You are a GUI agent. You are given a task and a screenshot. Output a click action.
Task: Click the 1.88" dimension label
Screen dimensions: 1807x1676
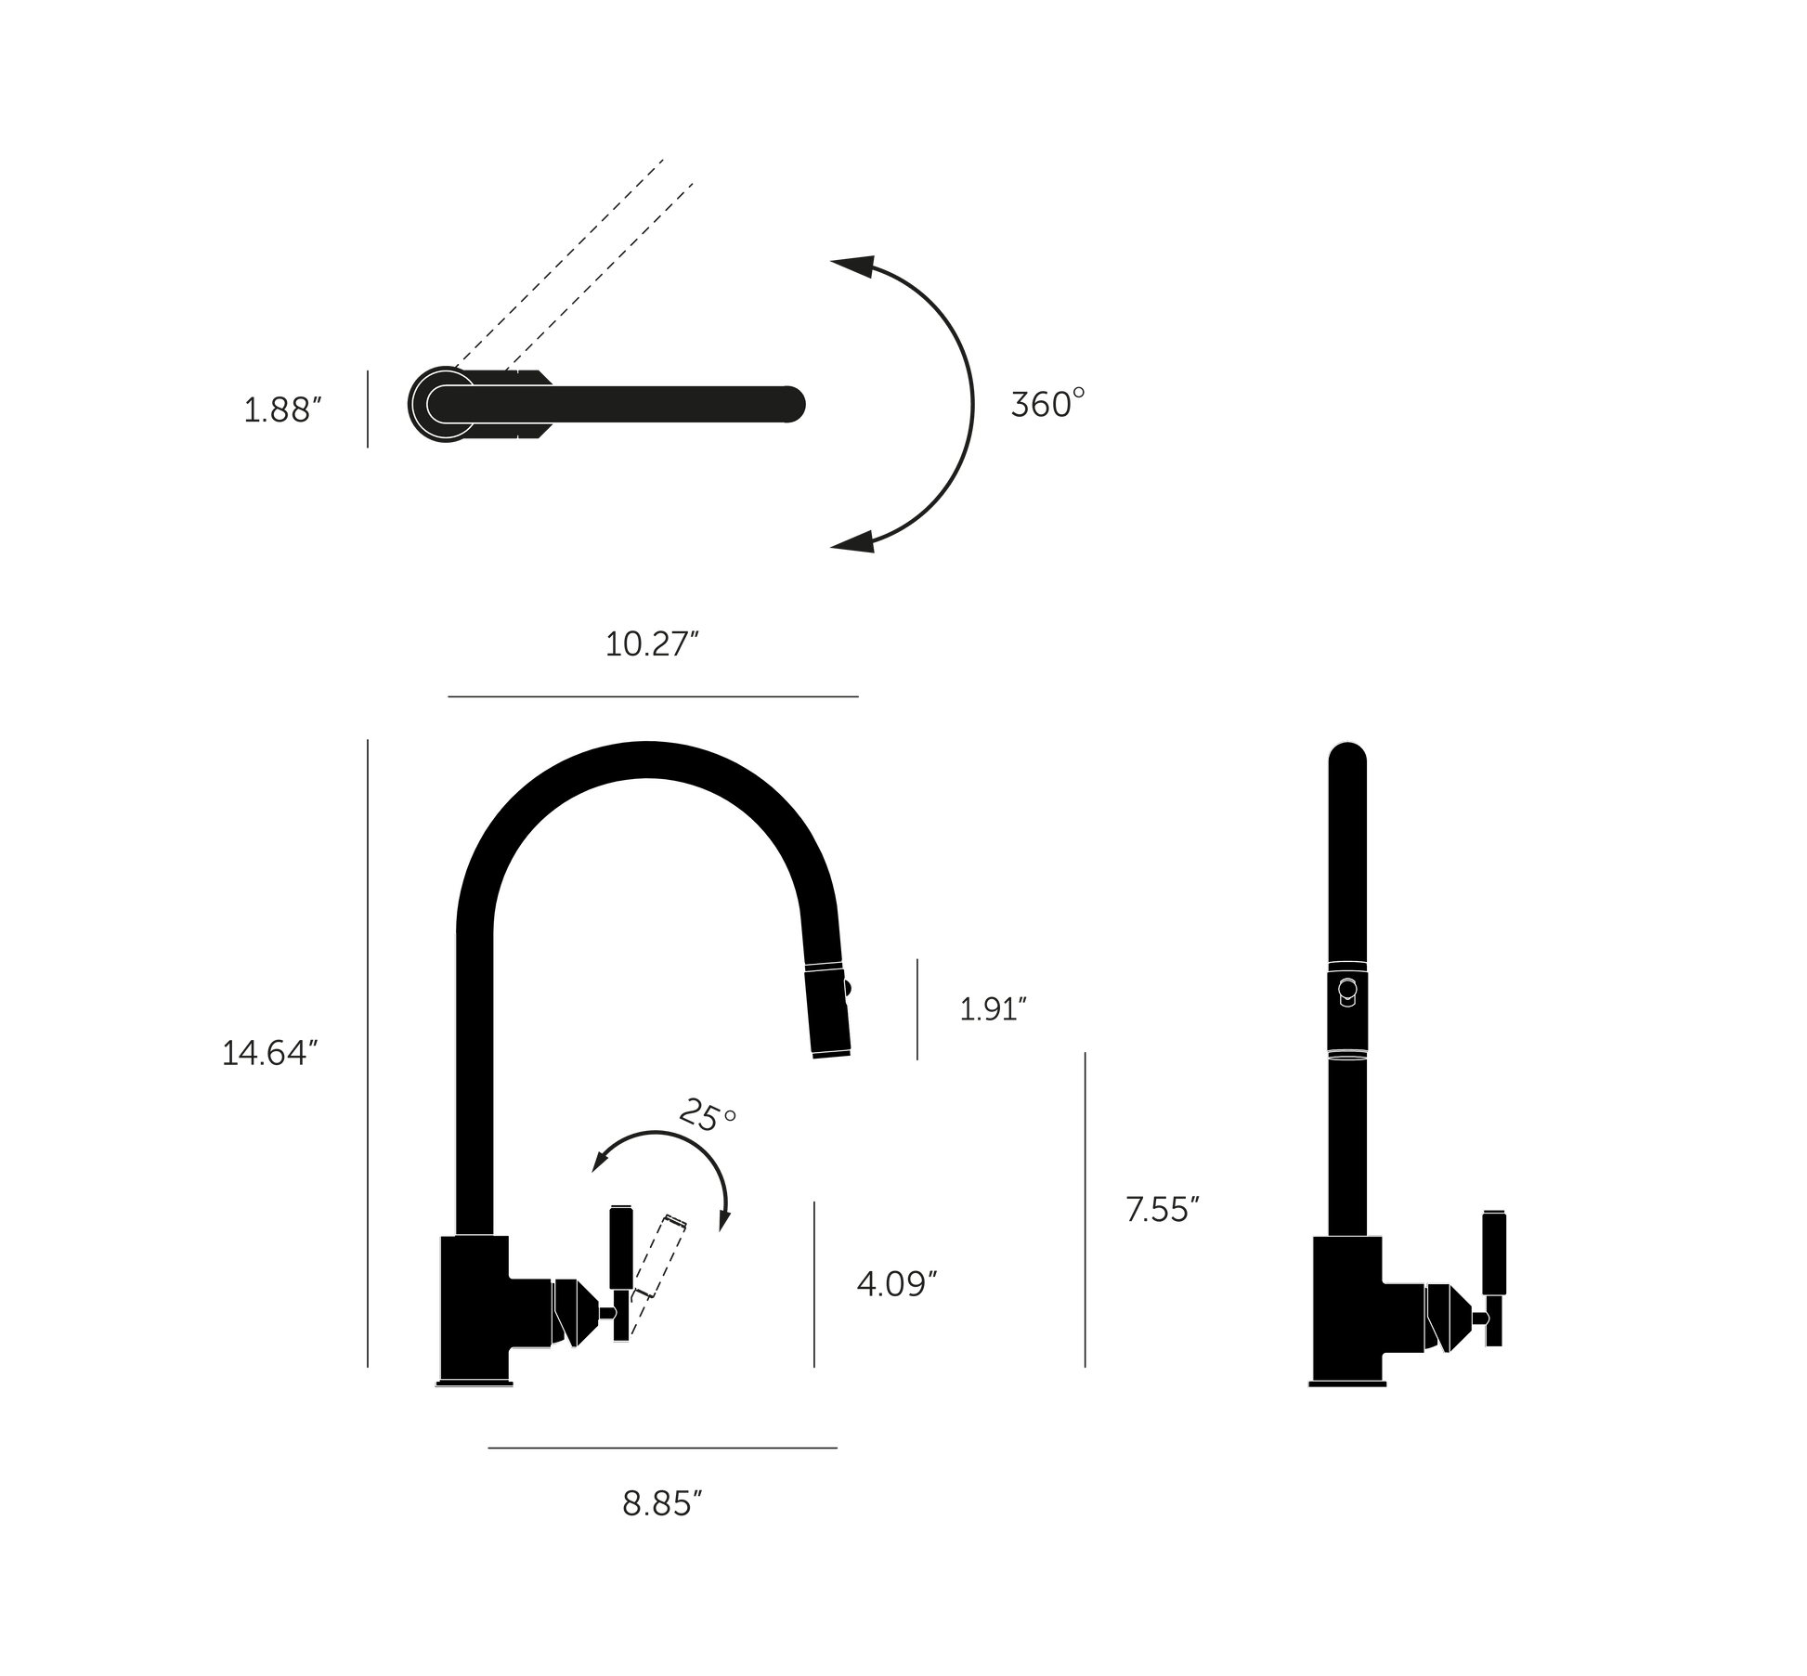coord(282,409)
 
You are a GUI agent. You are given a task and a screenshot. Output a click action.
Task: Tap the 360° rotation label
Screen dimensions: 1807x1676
coord(1047,404)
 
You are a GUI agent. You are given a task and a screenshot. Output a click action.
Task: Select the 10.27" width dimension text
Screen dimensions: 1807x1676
coord(651,643)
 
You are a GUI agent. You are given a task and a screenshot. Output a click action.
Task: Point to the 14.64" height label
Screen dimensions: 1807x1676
coord(270,1053)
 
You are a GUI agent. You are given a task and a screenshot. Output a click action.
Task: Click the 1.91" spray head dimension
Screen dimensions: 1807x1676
coord(993,1009)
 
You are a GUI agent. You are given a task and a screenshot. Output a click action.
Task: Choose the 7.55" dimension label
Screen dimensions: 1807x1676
coord(1163,1209)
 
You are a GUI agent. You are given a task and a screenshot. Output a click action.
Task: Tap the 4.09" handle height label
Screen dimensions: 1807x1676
coord(896,1284)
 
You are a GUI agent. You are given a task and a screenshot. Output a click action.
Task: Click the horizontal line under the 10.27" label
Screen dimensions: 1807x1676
coord(653,695)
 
